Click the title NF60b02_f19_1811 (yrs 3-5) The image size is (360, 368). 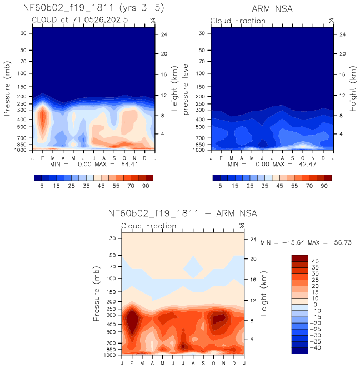(x=93, y=8)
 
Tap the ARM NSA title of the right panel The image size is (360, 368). (x=272, y=9)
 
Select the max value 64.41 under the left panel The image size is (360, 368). (x=129, y=164)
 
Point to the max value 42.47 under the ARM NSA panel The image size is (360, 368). (x=307, y=164)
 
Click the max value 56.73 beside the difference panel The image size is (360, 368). (x=343, y=242)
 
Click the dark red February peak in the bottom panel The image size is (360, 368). (x=132, y=321)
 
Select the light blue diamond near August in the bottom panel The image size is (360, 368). (x=193, y=267)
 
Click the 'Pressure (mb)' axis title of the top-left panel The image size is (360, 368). (x=7, y=88)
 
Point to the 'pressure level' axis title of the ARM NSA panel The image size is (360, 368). (x=186, y=88)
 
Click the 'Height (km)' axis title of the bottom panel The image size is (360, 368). (x=263, y=294)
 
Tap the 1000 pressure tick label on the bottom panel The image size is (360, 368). (x=109, y=355)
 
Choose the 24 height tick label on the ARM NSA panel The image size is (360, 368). (x=342, y=34)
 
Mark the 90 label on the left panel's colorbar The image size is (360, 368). (x=146, y=186)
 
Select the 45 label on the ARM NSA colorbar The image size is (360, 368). (x=279, y=186)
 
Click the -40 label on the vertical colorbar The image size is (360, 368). (x=315, y=347)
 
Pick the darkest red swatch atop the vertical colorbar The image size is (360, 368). (x=300, y=258)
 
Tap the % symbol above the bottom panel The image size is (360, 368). (x=242, y=226)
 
